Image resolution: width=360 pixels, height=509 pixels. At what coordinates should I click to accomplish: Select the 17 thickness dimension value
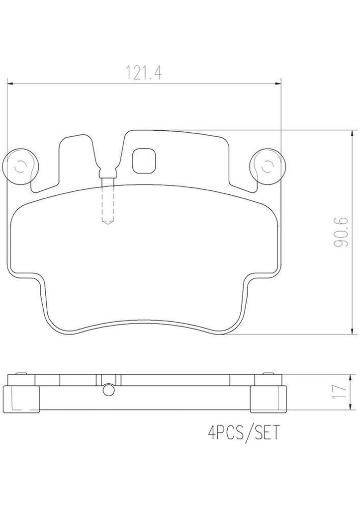click(341, 390)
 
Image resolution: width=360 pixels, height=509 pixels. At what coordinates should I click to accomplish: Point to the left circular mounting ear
click(20, 167)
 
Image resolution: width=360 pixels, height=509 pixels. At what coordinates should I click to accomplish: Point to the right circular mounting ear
click(269, 167)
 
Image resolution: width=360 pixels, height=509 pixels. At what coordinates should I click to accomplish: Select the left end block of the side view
click(22, 396)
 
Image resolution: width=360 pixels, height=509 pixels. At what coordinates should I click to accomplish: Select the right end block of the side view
click(268, 396)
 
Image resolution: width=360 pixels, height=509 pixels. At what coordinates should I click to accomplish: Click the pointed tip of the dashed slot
click(106, 223)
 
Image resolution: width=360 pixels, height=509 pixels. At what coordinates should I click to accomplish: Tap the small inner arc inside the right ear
click(269, 167)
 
